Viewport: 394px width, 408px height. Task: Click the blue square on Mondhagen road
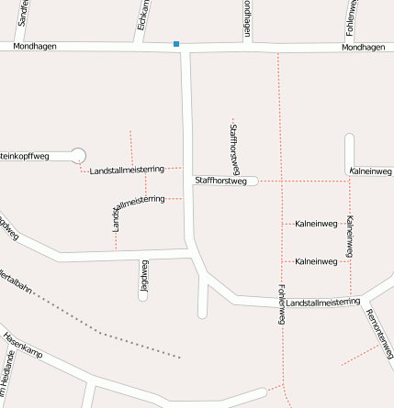(x=176, y=44)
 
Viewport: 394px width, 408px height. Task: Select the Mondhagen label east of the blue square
(x=362, y=48)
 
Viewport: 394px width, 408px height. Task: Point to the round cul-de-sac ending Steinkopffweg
(x=78, y=156)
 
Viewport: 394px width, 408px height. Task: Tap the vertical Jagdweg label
(x=143, y=278)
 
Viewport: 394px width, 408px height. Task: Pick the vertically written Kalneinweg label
(x=349, y=237)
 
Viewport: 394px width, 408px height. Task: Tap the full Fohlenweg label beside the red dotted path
(x=282, y=303)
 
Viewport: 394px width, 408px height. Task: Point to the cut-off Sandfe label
(x=23, y=12)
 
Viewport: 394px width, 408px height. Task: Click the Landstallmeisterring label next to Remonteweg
(x=322, y=302)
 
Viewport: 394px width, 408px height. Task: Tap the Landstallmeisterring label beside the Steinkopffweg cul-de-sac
(x=127, y=170)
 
